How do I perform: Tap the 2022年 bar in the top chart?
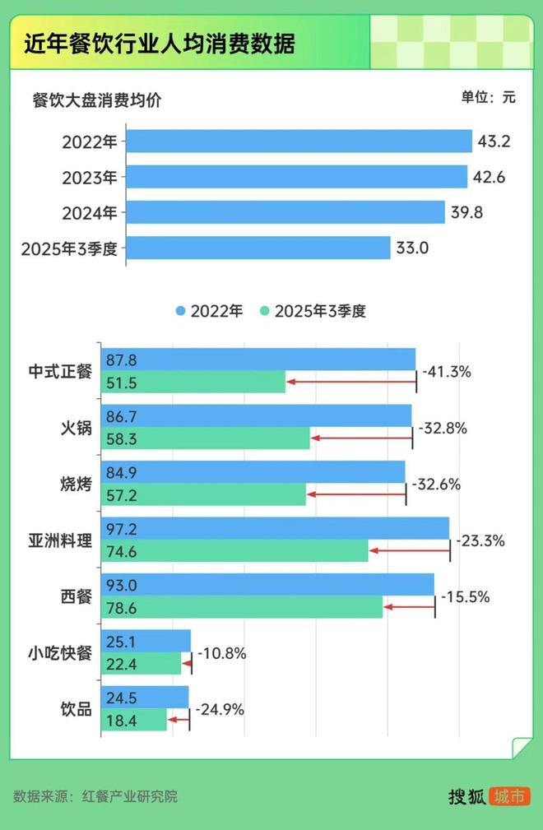pyautogui.click(x=299, y=141)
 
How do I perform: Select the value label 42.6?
pyautogui.click(x=490, y=177)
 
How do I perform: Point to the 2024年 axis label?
pyautogui.click(x=90, y=212)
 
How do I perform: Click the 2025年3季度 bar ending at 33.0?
pyautogui.click(x=258, y=248)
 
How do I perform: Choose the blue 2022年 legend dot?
pyautogui.click(x=181, y=311)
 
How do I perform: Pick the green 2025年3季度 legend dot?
pyautogui.click(x=264, y=311)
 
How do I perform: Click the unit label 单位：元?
pyautogui.click(x=488, y=97)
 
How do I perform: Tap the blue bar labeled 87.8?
pyautogui.click(x=258, y=359)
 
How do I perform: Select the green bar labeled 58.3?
pyautogui.click(x=205, y=438)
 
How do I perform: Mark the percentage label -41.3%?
pyautogui.click(x=447, y=372)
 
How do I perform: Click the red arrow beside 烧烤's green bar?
pyautogui.click(x=355, y=494)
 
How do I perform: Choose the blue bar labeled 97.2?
pyautogui.click(x=275, y=528)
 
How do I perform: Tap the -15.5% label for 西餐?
pyautogui.click(x=465, y=597)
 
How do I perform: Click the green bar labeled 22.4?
pyautogui.click(x=141, y=664)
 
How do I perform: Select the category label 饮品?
pyautogui.click(x=76, y=709)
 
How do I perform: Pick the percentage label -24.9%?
pyautogui.click(x=220, y=709)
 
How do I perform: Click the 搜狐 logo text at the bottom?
pyautogui.click(x=466, y=796)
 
